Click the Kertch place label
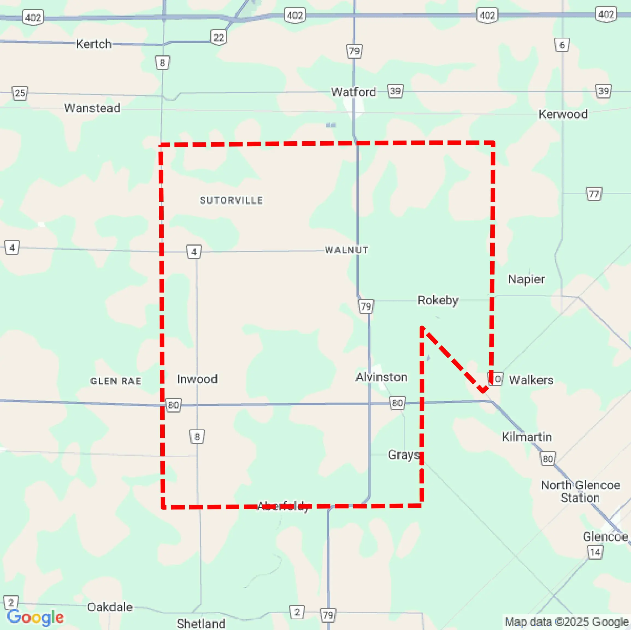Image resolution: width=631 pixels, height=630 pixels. pos(94,44)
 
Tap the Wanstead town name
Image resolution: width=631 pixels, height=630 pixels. pos(92,108)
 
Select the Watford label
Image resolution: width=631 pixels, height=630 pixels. pos(353,92)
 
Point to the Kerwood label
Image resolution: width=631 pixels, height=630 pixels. pos(563,114)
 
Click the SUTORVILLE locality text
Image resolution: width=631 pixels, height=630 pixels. pos(231,200)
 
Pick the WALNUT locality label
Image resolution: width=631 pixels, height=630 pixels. pos(347,250)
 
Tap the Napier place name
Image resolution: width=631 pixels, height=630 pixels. pos(526,279)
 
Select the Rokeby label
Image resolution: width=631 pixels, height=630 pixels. pos(438,300)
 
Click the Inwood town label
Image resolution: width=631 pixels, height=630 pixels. pos(197,379)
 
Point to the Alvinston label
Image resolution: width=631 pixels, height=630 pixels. pos(381,377)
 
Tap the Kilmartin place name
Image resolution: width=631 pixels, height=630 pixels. pos(526,437)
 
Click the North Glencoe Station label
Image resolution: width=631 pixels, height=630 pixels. pos(580,491)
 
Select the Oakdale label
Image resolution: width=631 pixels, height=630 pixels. pos(110,607)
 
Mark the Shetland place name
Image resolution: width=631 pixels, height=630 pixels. pos(201,623)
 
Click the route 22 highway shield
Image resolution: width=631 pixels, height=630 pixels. pos(219,37)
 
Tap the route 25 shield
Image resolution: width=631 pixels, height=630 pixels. pos(20,93)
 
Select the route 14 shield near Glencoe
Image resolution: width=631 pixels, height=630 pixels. pos(595,552)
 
